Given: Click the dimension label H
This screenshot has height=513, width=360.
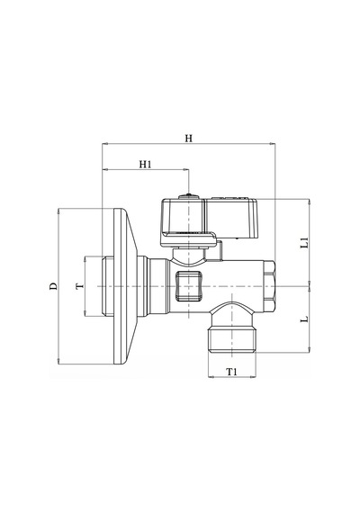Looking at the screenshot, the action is (188, 139).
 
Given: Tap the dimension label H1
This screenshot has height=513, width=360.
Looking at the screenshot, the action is (145, 164).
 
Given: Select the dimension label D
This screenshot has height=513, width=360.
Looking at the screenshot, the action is (53, 285).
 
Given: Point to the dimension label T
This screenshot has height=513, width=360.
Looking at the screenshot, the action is (80, 286).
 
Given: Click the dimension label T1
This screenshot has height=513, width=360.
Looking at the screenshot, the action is (231, 372).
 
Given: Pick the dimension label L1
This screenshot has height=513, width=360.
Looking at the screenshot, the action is (304, 242).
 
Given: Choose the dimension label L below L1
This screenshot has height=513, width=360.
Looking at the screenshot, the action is (304, 319).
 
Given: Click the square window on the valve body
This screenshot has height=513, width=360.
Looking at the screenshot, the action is (188, 286).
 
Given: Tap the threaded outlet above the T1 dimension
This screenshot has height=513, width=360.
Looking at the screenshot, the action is (232, 339).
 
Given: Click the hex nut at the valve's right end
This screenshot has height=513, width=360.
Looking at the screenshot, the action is (269, 286).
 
